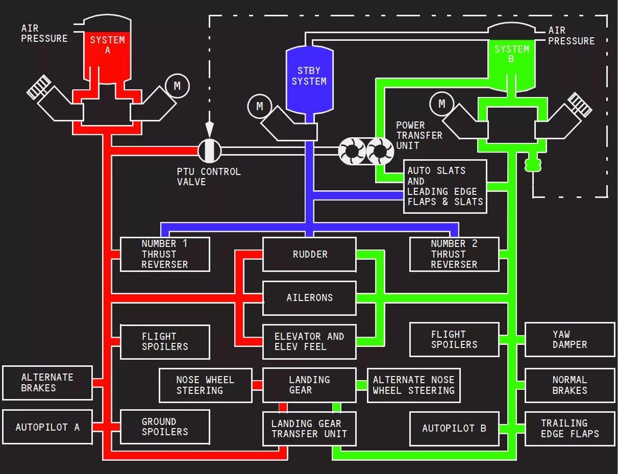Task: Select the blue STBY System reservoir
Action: [309, 79]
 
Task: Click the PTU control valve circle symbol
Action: [210, 151]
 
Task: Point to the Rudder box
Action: [309, 254]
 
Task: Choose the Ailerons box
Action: [309, 298]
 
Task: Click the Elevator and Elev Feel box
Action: [309, 341]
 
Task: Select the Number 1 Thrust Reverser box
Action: [165, 254]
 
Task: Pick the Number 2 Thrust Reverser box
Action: [454, 254]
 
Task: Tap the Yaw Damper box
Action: [570, 340]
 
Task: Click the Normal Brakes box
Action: [570, 385]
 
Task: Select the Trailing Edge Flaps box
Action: [570, 429]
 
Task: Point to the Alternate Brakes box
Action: [47, 383]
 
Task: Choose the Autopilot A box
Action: [47, 427]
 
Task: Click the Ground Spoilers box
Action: [165, 427]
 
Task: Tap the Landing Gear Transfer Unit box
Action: [309, 429]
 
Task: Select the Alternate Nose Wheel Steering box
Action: [413, 385]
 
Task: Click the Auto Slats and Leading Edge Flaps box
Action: [445, 186]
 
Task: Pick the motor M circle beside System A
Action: [177, 86]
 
